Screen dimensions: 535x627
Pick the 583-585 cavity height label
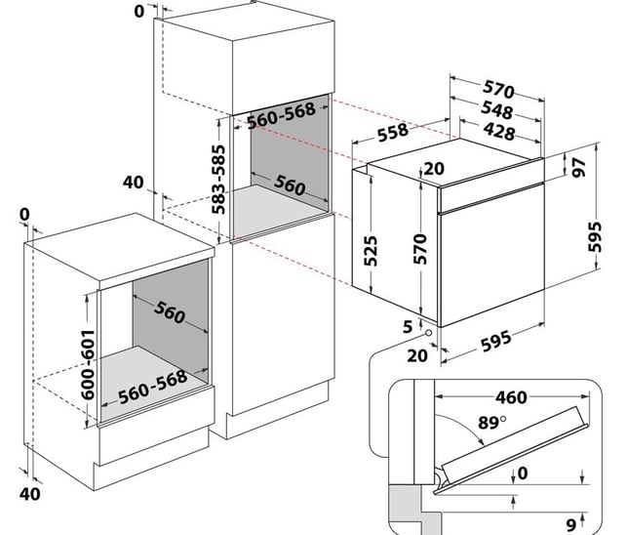pyautogui.click(x=221, y=179)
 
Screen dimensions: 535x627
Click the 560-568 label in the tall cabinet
pyautogui.click(x=281, y=114)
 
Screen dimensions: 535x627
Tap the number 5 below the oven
pyautogui.click(x=407, y=324)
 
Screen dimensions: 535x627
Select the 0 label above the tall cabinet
pyautogui.click(x=138, y=11)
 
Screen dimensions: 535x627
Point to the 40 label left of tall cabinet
pyautogui.click(x=134, y=182)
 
